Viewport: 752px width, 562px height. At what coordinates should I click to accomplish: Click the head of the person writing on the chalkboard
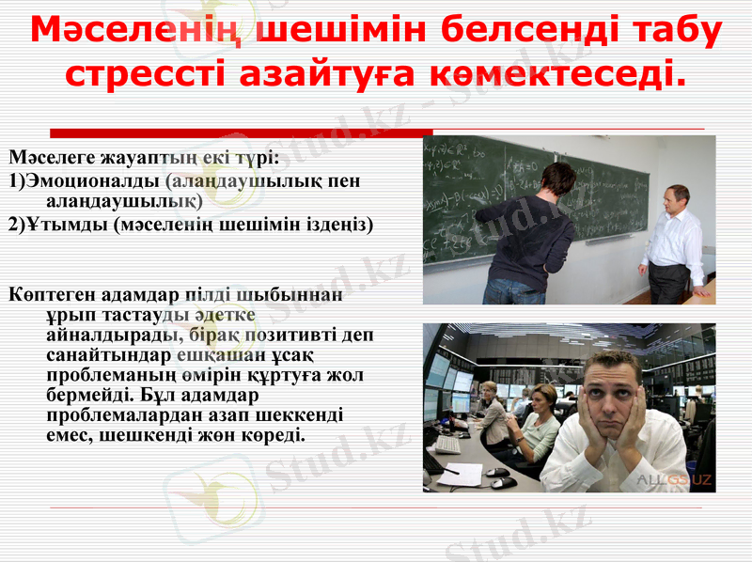click(558, 178)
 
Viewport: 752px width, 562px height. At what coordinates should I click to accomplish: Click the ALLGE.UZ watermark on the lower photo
click(674, 479)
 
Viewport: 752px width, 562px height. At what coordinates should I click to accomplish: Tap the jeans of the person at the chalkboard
click(514, 290)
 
